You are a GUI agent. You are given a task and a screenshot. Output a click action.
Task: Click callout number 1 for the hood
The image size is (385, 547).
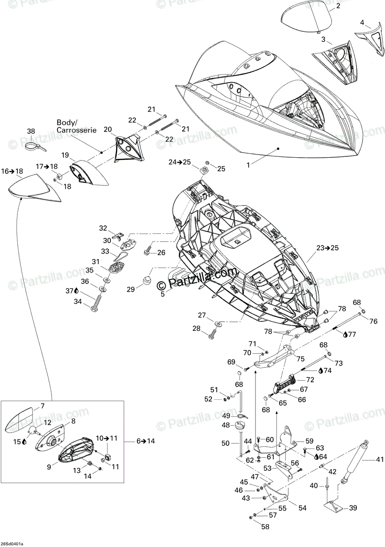248,165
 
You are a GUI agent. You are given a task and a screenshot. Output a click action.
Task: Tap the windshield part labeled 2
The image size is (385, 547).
307,21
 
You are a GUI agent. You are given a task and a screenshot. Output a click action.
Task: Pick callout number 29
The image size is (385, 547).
130,289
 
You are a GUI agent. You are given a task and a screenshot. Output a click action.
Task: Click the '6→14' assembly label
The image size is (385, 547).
146,441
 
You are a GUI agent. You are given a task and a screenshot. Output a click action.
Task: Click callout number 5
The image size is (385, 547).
162,294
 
